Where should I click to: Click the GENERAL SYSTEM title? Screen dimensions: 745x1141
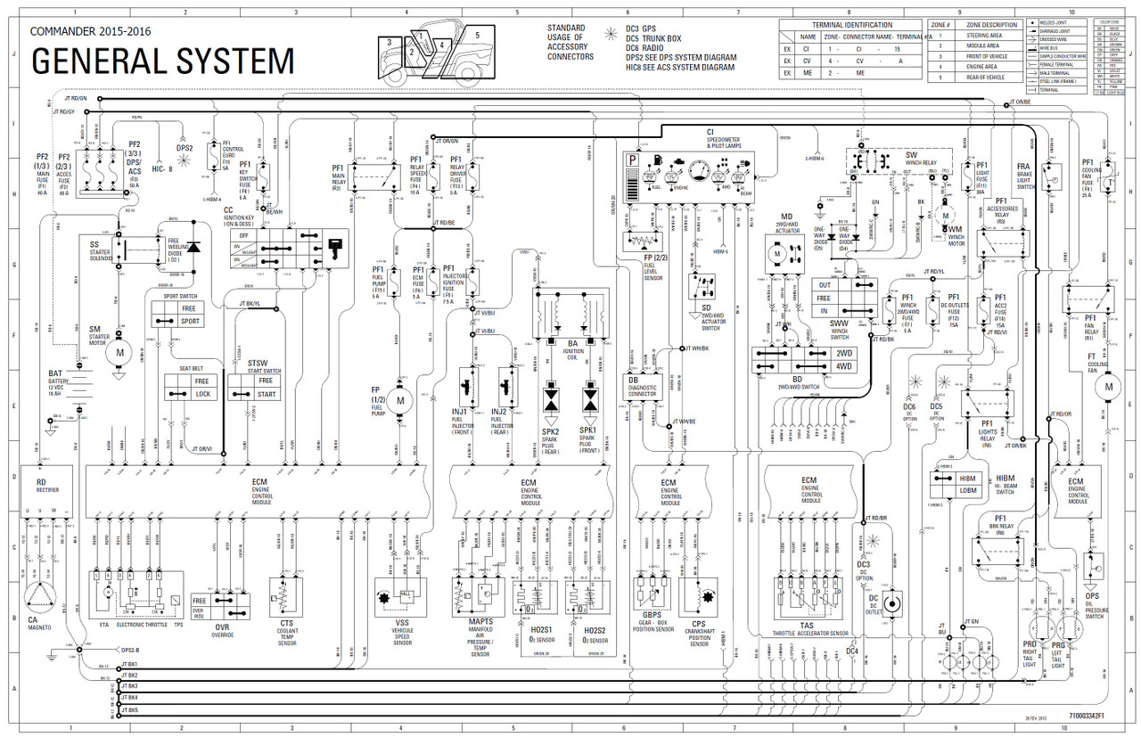pos(162,61)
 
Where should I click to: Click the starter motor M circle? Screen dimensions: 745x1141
pos(118,353)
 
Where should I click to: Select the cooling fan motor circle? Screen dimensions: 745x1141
pos(1109,387)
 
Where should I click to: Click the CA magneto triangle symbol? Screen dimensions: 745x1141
pos(38,591)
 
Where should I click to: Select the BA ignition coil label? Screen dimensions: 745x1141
pos(571,342)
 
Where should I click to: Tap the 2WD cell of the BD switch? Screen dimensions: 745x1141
pos(843,352)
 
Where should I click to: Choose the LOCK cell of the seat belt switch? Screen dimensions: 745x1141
pos(202,393)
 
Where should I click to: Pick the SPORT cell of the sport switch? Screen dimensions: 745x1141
pos(190,321)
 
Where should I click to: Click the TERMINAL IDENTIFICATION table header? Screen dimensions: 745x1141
pos(852,25)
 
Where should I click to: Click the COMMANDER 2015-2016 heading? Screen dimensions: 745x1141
pos(90,31)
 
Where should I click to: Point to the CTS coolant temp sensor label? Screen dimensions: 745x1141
pos(286,624)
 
